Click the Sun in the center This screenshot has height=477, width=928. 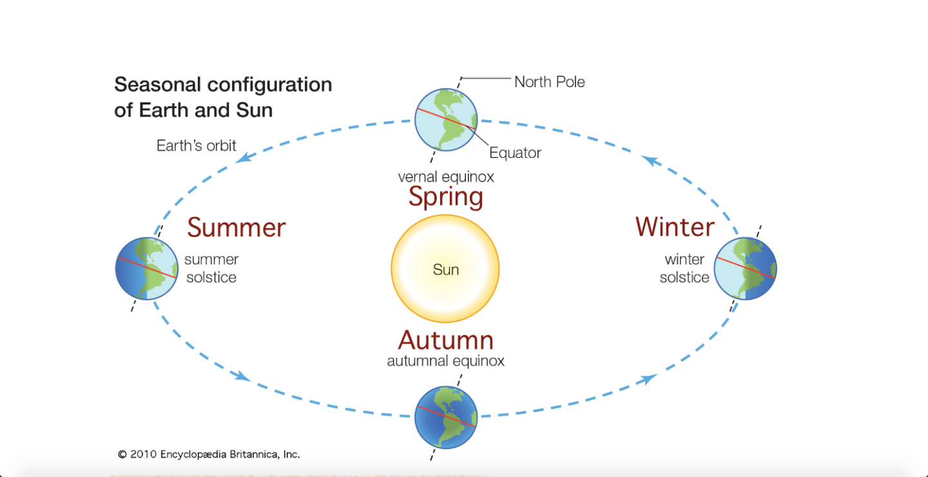(x=445, y=269)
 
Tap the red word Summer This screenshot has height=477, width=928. (x=237, y=228)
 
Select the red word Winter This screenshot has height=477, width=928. (x=675, y=227)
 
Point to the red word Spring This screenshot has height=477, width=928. (x=445, y=197)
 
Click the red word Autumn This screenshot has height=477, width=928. (x=445, y=340)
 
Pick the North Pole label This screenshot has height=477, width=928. (x=549, y=82)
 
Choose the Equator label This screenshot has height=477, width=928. (x=515, y=153)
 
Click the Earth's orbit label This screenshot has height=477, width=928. (x=197, y=146)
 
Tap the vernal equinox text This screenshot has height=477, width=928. (x=445, y=177)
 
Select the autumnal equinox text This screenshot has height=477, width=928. (x=445, y=361)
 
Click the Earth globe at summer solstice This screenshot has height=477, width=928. (x=147, y=269)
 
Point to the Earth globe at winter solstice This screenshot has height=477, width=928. (x=745, y=269)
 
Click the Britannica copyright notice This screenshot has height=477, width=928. (x=209, y=454)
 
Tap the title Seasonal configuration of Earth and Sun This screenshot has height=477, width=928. (x=223, y=97)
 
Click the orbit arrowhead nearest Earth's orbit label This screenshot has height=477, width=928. (x=243, y=157)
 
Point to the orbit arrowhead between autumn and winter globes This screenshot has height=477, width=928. (x=648, y=378)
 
